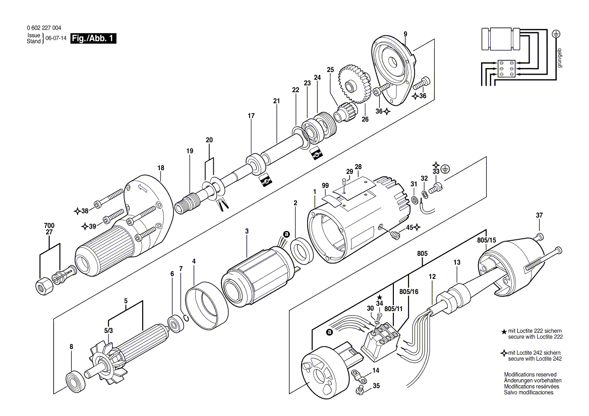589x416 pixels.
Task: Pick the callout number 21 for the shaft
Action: [276, 101]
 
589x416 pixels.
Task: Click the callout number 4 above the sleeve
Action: [194, 261]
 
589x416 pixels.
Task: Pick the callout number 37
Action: [539, 216]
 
